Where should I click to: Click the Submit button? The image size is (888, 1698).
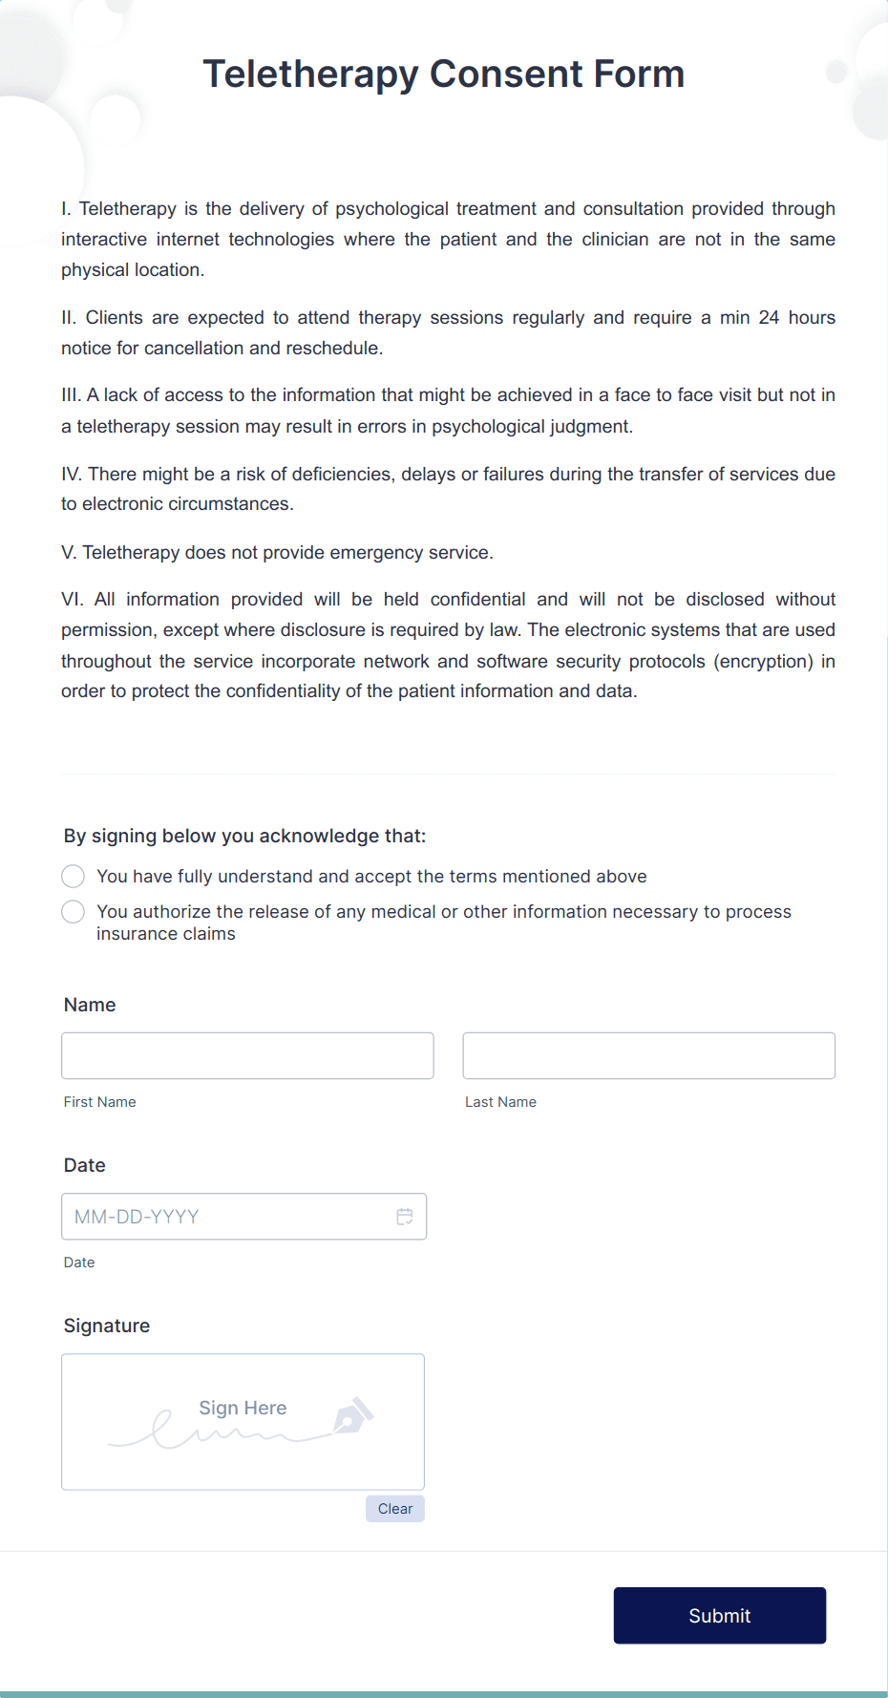click(719, 1615)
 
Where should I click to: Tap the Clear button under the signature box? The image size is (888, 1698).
click(394, 1509)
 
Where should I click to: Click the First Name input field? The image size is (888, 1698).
click(247, 1055)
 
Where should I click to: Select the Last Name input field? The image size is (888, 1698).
click(648, 1055)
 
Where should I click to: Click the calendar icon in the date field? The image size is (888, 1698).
click(405, 1217)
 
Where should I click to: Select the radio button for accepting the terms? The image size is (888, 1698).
click(73, 876)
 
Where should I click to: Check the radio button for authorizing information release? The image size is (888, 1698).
click(73, 912)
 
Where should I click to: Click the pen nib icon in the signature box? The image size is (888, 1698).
click(352, 1416)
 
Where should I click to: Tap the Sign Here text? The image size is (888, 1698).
click(243, 1408)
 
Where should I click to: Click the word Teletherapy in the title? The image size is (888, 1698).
click(310, 74)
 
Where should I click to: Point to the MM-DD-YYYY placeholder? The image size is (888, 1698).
click(137, 1217)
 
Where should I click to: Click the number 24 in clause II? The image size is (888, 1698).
click(769, 317)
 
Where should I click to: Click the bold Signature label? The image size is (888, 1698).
click(107, 1326)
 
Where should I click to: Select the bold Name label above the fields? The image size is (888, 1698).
click(90, 1005)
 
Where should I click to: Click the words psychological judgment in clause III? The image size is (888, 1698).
click(530, 426)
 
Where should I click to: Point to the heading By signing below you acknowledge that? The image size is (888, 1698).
click(244, 836)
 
